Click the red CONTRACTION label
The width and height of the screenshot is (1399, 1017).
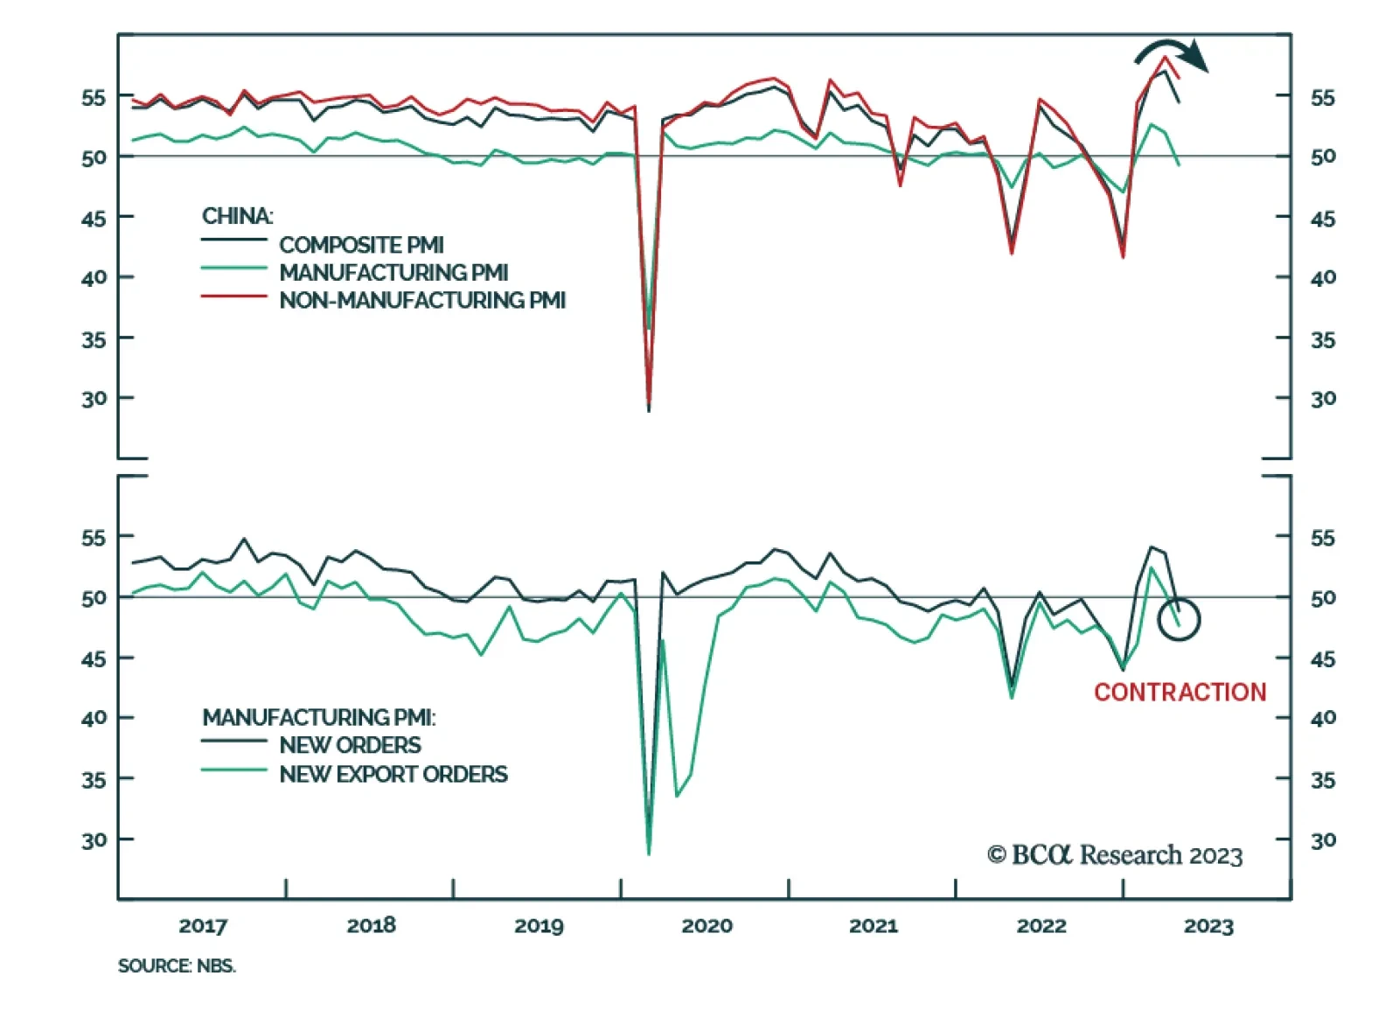coord(1180,692)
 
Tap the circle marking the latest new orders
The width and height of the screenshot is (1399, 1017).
coord(1179,619)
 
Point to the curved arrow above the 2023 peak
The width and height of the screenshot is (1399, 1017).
coord(1172,52)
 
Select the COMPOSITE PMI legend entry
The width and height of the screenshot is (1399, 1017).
coord(361,245)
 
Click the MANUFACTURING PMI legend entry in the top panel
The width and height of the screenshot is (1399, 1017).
coord(393,273)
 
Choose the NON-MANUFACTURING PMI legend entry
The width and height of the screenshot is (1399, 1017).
coord(422,300)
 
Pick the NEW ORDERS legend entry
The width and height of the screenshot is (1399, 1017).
coord(350,745)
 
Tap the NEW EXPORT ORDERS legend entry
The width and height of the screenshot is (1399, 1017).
coord(393,774)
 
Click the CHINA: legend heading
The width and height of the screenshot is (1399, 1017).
coord(237,216)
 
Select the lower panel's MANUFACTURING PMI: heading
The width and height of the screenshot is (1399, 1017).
coord(319,717)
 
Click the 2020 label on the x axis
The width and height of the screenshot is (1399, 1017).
coord(706,925)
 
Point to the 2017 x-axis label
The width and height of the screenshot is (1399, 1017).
coord(203,925)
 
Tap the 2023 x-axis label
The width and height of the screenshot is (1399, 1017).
coord(1208,925)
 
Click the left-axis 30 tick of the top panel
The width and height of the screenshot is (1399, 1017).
coord(94,399)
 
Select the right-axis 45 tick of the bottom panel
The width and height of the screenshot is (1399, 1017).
coord(1323,658)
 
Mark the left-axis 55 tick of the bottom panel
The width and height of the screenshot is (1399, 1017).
coord(94,538)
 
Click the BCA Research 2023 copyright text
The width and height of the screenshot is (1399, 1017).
coord(1115,854)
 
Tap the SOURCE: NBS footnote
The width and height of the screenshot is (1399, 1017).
coord(177,965)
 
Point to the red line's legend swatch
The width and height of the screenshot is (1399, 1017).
coord(233,297)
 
